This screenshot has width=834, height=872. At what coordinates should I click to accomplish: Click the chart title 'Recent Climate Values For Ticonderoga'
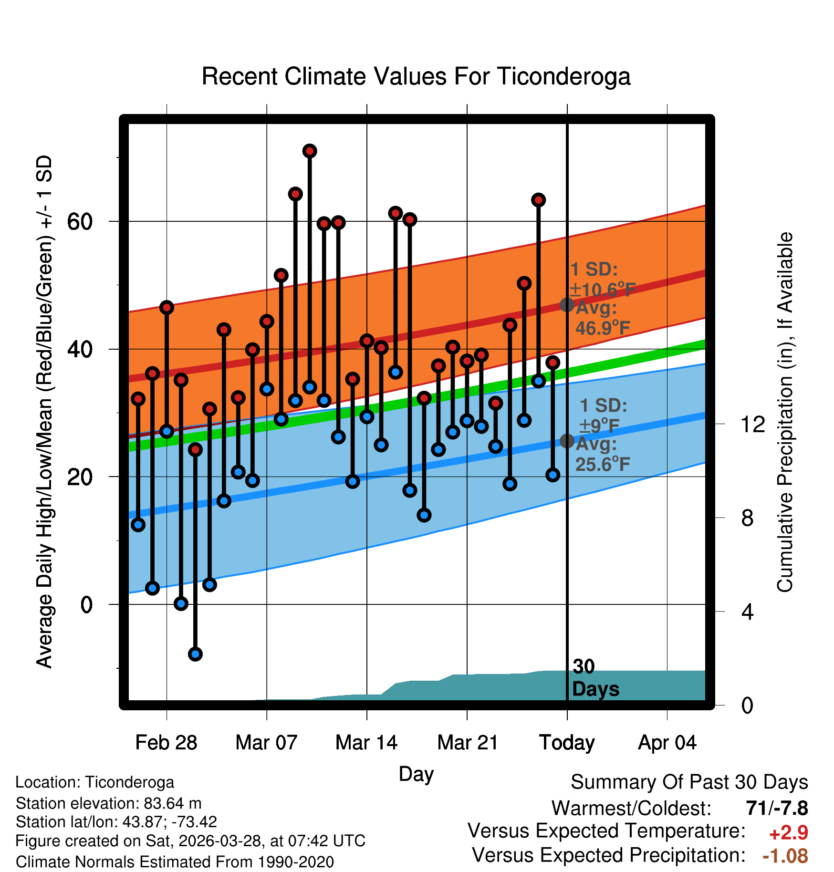[416, 77]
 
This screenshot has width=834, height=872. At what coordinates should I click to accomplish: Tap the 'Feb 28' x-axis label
[166, 743]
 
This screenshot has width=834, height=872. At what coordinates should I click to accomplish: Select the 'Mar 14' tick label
[366, 743]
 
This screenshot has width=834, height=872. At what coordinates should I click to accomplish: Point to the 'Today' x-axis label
[567, 743]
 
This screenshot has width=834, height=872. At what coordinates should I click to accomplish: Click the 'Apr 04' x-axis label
[667, 743]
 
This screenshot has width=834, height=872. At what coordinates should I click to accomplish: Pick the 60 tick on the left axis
[80, 221]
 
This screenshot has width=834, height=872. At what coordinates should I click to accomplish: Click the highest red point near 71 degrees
[310, 151]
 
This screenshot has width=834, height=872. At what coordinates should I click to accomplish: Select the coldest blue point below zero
[195, 654]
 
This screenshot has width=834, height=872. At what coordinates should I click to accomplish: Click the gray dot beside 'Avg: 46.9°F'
[567, 304]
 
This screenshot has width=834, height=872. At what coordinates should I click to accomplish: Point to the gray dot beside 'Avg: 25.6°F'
[567, 441]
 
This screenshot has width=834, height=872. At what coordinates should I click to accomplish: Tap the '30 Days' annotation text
[595, 678]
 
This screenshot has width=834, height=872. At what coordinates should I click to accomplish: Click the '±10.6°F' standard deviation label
[603, 290]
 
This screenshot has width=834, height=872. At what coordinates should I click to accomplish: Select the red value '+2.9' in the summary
[789, 833]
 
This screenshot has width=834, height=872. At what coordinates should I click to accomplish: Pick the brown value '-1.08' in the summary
[785, 856]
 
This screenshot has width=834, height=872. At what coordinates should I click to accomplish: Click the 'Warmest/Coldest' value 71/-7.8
[777, 809]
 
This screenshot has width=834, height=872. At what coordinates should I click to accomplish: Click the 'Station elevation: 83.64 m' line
[109, 803]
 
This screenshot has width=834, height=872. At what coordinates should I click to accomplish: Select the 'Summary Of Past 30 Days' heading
[689, 782]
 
